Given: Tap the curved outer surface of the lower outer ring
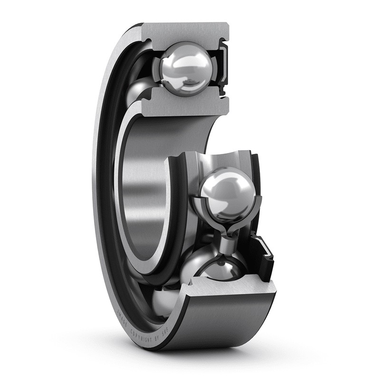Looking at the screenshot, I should tap(223, 323).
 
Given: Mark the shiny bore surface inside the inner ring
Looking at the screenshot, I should tap(142, 190).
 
